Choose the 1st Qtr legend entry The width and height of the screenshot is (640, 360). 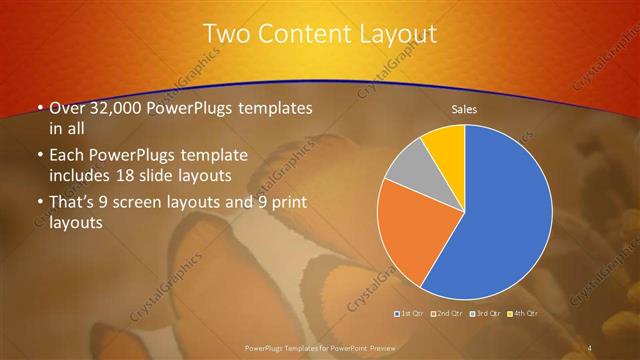click(411, 315)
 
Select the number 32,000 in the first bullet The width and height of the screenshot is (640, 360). click(116, 108)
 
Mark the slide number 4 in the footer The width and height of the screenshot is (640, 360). click(589, 346)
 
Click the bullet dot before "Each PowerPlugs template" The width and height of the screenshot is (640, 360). click(40, 156)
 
